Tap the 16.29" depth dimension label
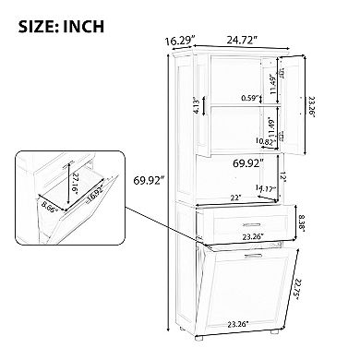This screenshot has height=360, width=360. [182, 41]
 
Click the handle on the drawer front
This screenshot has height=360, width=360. [249, 224]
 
